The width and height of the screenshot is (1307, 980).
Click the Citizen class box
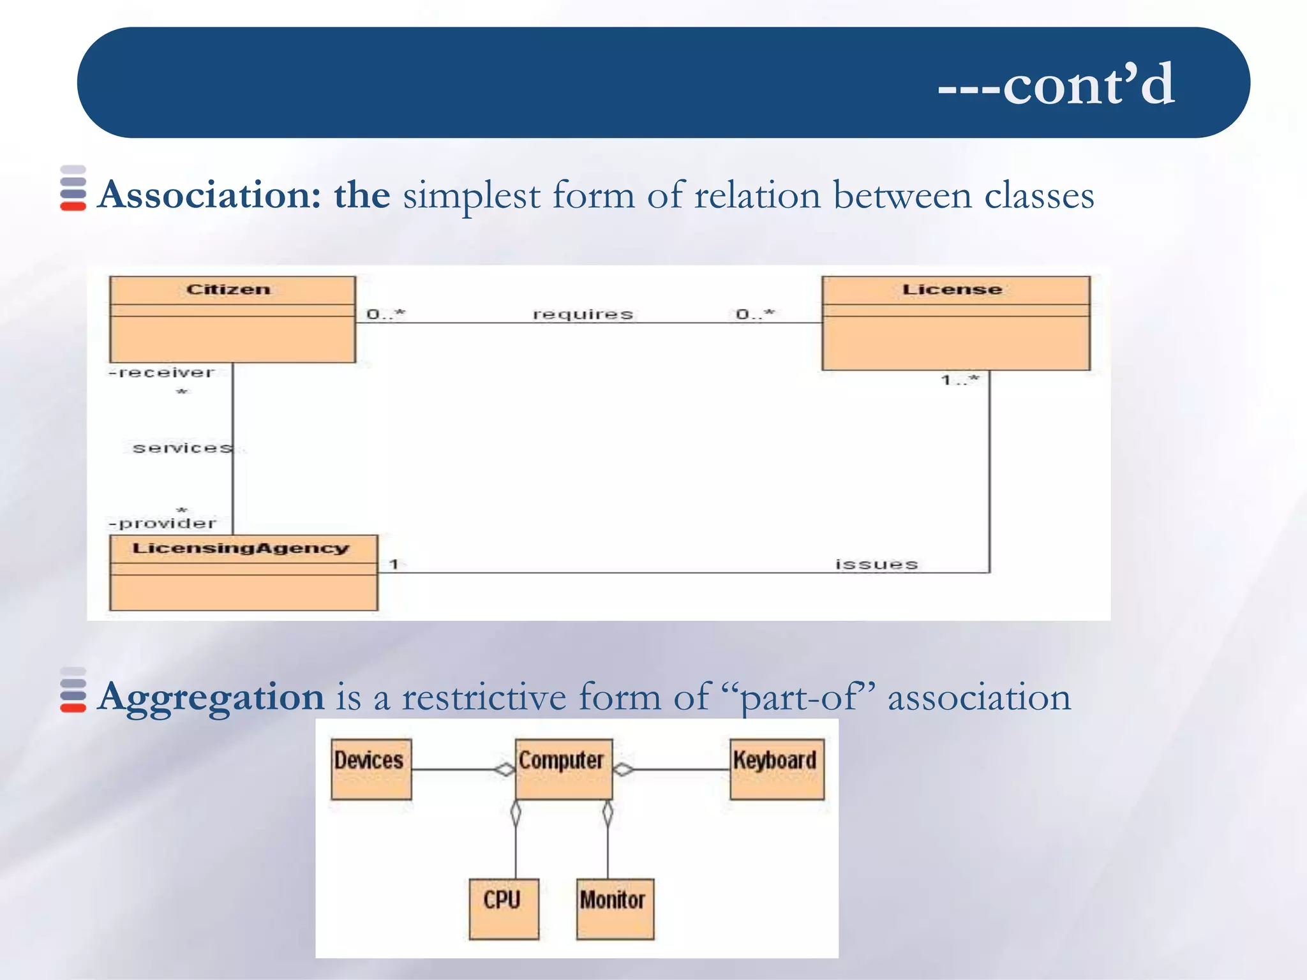click(232, 319)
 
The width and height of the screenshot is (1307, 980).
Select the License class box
click(955, 323)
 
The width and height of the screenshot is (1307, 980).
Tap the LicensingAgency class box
click(243, 572)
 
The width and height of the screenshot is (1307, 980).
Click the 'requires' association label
click(583, 314)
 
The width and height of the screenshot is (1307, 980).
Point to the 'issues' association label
click(876, 564)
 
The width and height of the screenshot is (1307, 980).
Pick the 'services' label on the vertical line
click(182, 448)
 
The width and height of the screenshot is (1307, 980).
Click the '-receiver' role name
click(161, 373)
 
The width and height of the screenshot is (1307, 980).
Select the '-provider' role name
click(163, 524)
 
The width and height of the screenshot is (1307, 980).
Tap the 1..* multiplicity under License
click(960, 380)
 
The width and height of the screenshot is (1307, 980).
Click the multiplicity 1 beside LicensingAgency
click(394, 564)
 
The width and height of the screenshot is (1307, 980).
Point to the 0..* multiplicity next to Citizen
click(385, 314)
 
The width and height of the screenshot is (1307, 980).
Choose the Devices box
click(371, 769)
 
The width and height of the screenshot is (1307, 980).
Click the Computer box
click(563, 769)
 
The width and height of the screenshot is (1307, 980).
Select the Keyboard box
click(777, 769)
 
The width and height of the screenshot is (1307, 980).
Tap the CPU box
click(503, 909)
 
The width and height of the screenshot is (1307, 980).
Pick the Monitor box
click(615, 909)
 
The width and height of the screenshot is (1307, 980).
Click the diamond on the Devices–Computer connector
click(504, 769)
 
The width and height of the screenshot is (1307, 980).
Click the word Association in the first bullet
click(209, 195)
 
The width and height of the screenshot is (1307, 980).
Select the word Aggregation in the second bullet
click(211, 696)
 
